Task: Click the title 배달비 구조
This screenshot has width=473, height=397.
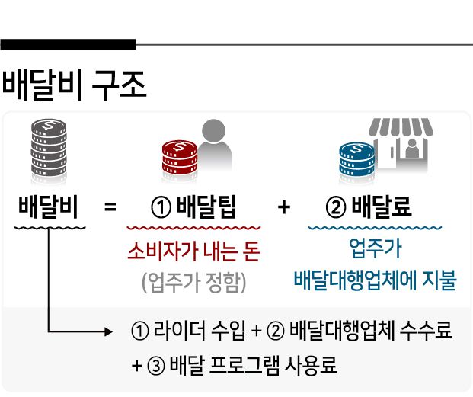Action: click(x=74, y=85)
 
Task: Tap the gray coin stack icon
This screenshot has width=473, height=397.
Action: click(x=49, y=146)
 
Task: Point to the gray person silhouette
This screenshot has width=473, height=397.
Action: click(x=214, y=145)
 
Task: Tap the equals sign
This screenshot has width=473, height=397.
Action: click(x=110, y=207)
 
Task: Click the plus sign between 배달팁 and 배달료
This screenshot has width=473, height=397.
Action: click(x=284, y=207)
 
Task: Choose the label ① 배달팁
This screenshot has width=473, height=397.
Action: click(x=193, y=207)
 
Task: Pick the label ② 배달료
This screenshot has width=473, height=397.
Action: click(x=369, y=207)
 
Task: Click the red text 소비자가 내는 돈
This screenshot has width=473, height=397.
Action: click(x=193, y=251)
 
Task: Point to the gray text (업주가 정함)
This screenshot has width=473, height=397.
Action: click(x=193, y=281)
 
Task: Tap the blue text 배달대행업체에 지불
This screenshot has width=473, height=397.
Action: click(x=375, y=280)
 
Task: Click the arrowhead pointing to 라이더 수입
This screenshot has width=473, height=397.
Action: click(x=107, y=331)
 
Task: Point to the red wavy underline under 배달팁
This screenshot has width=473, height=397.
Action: click(x=193, y=227)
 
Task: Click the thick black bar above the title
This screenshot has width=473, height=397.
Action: click(x=68, y=44)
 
